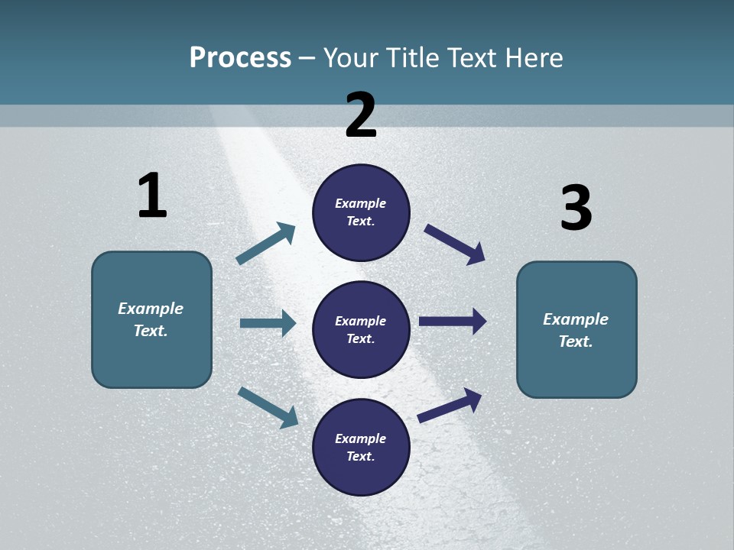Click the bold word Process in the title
240,58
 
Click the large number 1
152,196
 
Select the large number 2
361,115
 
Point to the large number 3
576,208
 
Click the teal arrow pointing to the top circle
265,244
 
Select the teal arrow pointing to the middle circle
268,323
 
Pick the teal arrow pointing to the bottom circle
268,406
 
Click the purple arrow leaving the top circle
454,244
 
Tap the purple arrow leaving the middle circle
453,321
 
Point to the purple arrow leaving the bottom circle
450,405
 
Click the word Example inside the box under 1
151,309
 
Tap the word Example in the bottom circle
361,438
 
